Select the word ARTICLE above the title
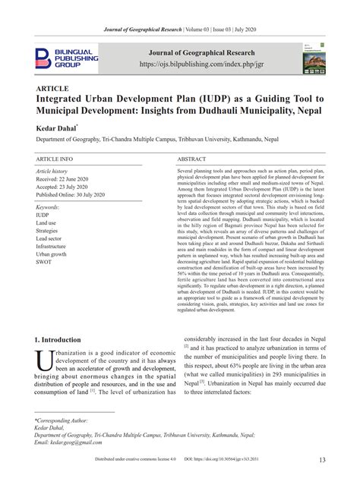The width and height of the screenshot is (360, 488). [x=53, y=89]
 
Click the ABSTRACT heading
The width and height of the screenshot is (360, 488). [x=192, y=160]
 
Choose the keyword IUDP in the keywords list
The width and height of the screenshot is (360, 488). [x=43, y=215]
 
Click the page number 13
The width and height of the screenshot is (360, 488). [x=323, y=459]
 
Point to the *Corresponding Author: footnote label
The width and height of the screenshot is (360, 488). [x=61, y=418]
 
